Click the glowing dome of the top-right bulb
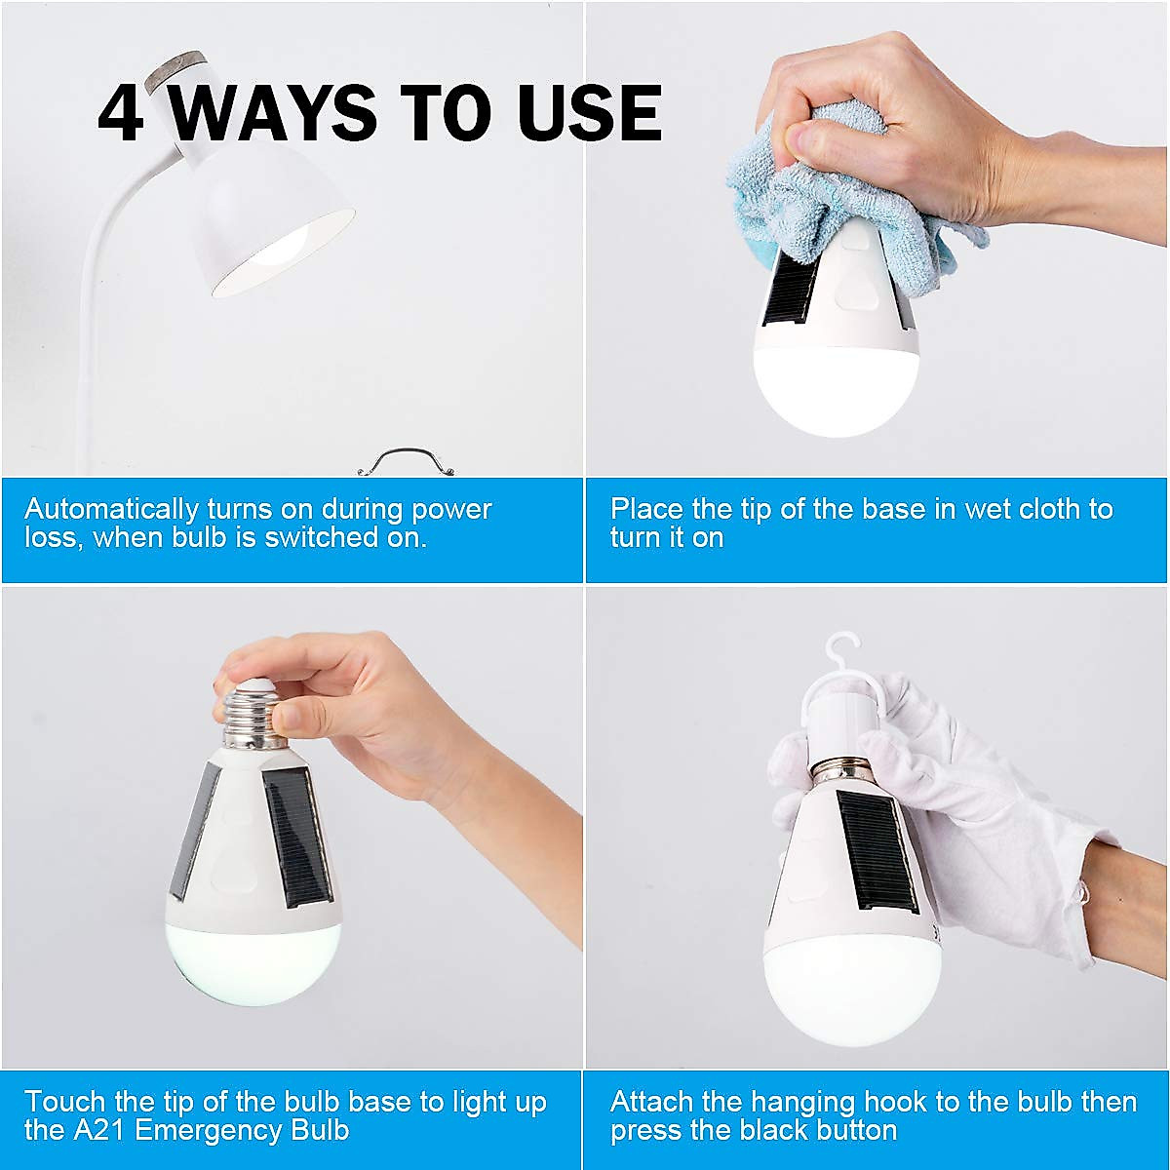[837, 390]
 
